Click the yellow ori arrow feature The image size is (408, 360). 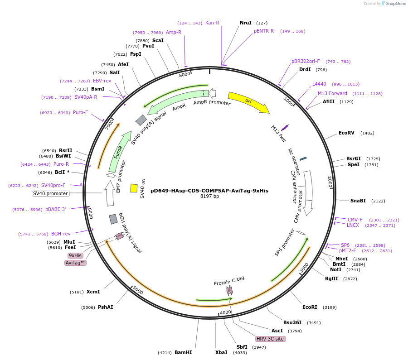click(248, 102)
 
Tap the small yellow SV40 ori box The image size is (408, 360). click(134, 188)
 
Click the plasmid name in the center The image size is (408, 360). click(209, 191)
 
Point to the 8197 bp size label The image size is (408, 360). click(209, 197)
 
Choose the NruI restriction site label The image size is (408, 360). click(246, 23)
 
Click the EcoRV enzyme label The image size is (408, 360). click(346, 133)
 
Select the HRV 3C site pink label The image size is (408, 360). click(270, 339)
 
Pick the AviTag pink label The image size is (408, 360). click(76, 263)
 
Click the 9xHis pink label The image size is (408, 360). click(75, 255)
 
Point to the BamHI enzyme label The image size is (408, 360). click(183, 352)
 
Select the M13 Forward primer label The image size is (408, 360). click(332, 94)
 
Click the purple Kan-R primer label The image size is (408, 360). click(212, 23)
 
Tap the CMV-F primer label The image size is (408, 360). click(355, 220)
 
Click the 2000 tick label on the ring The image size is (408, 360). click(330, 182)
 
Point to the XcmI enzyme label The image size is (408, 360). click(93, 292)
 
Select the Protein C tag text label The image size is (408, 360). click(229, 281)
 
